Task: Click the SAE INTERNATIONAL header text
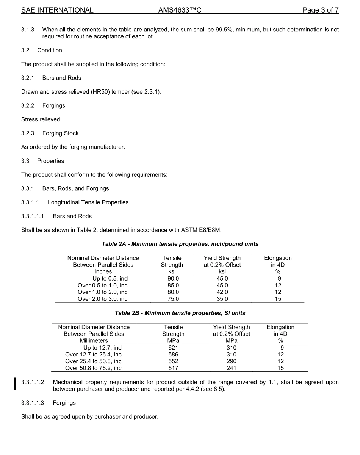(57, 10)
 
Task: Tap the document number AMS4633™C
(180, 10)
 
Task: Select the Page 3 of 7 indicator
(320, 10)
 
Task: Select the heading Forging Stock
(60, 133)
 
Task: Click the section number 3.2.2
(28, 105)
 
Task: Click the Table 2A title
(180, 244)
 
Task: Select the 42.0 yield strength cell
(222, 292)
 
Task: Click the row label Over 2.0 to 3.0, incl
(103, 299)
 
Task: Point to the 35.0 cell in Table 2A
(222, 299)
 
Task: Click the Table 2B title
(180, 313)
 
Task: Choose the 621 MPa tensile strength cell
(173, 348)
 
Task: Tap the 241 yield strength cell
(231, 368)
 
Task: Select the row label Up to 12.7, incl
(103, 348)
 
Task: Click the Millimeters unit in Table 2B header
(94, 340)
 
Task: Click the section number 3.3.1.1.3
(33, 403)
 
